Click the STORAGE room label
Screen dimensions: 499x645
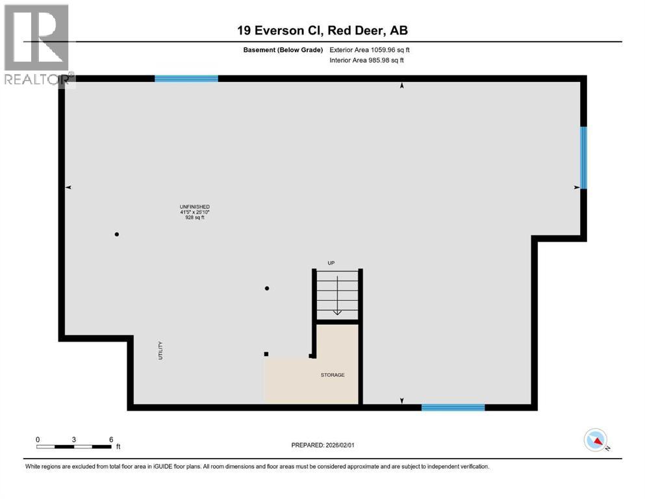332,375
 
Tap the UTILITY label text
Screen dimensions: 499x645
160,351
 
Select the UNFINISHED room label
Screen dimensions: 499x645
195,207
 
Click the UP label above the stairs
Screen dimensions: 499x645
331,262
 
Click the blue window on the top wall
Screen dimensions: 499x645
186,79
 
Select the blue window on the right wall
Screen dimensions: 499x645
583,157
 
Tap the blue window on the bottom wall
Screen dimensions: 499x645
453,407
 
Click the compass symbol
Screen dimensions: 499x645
596,441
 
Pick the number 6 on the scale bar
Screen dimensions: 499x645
111,439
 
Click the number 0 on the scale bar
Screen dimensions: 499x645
38,439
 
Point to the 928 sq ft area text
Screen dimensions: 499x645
195,218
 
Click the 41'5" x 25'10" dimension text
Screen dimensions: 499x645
195,212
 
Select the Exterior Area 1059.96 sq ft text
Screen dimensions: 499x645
370,49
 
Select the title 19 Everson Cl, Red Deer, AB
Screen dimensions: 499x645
322,30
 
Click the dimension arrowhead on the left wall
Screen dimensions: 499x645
68,187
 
